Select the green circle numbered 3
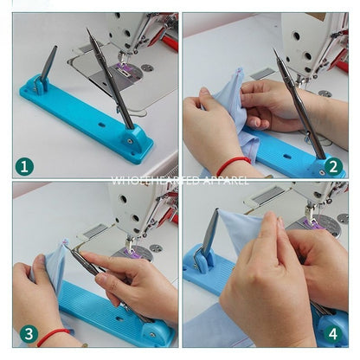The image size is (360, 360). point(27,333)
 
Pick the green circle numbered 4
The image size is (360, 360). point(333,333)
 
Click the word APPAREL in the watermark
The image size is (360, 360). point(225,183)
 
